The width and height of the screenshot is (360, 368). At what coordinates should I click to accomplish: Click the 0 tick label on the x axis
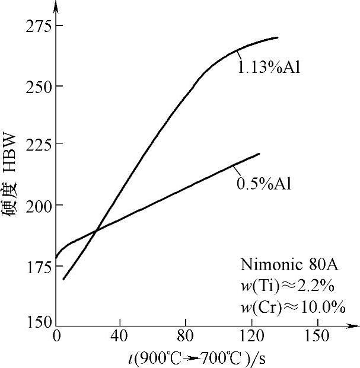(x=57, y=336)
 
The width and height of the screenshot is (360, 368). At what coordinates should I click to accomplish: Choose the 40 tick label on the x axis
(x=120, y=336)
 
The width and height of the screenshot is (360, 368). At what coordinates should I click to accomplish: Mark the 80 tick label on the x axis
(x=185, y=336)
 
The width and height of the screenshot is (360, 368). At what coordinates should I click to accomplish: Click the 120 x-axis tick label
(x=249, y=336)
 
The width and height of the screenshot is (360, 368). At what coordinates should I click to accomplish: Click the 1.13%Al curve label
(x=269, y=67)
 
